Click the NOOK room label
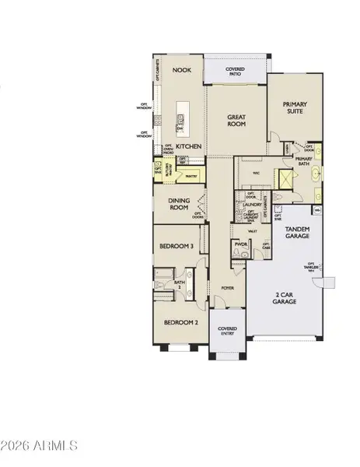pos(182,70)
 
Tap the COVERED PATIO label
pos(235,72)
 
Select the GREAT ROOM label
pos(236,121)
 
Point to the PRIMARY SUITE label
pos(295,107)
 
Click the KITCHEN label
pos(189,146)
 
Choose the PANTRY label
pos(191,177)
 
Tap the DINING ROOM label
pos(180,205)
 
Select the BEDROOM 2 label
pos(180,321)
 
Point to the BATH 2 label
pos(180,284)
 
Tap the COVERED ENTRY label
pos(227,332)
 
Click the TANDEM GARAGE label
pos(297,232)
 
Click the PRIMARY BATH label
pos(303,162)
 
